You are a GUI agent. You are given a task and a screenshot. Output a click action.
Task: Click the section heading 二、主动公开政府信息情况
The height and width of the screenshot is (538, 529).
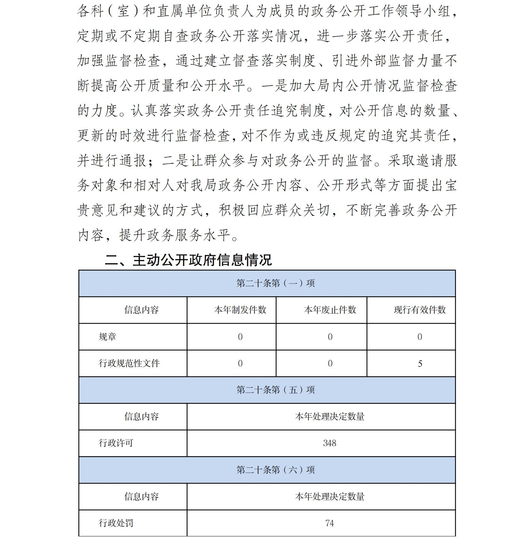188,260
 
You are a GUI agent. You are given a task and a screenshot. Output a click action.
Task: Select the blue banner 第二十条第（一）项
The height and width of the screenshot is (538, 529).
275,283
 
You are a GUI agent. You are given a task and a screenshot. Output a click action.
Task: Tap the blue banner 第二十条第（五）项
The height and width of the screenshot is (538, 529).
275,390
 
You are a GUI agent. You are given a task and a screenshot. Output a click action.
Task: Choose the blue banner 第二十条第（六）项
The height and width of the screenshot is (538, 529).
275,470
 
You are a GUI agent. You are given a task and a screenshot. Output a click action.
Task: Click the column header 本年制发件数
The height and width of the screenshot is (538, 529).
240,310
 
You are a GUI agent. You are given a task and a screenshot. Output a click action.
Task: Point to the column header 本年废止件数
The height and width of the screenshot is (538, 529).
330,310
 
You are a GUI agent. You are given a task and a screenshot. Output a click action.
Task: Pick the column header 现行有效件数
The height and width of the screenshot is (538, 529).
420,310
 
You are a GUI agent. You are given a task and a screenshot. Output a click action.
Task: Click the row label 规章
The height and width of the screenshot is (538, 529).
108,337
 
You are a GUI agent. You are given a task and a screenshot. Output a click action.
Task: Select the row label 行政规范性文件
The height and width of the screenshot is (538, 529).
129,363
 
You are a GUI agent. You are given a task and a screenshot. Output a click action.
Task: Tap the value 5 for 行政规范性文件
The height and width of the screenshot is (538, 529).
420,363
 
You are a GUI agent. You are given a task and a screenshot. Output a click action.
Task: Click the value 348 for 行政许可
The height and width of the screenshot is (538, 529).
330,443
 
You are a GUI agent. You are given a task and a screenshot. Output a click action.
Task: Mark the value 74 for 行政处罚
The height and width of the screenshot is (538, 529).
330,523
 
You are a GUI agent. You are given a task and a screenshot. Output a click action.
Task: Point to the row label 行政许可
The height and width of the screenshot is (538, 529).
116,443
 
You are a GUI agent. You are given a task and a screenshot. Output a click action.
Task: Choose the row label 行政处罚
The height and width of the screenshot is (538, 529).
116,523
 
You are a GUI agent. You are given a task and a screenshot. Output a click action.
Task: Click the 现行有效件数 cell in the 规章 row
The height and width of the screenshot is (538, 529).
420,337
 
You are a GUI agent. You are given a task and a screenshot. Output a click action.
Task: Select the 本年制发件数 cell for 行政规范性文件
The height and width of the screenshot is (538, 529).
240,363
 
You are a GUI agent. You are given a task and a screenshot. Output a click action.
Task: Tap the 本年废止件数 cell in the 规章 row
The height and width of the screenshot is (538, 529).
330,337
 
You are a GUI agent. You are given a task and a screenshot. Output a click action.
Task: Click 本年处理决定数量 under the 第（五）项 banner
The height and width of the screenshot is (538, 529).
330,416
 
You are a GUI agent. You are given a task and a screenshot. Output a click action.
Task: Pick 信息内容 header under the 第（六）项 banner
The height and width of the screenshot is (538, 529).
141,496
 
